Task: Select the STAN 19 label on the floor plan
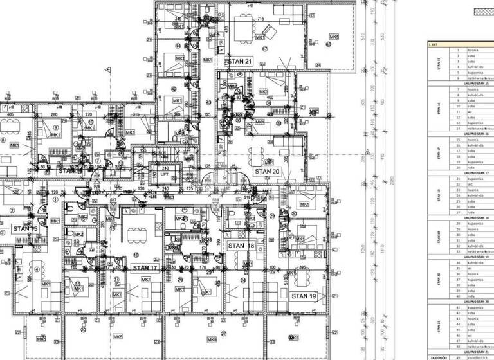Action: tap(305, 296)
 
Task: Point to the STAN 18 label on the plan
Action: tap(241, 246)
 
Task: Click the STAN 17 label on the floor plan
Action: tap(145, 267)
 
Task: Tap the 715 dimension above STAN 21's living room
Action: tap(261, 19)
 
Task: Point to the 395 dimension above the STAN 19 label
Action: tap(302, 267)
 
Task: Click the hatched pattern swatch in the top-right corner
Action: tap(483, 11)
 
